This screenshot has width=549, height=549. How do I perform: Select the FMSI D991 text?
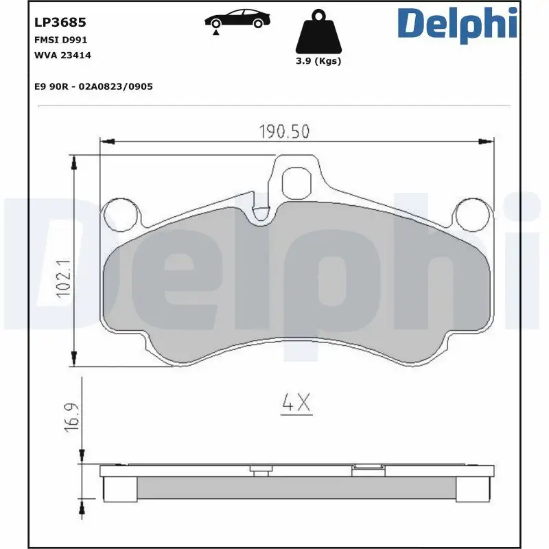click(60, 40)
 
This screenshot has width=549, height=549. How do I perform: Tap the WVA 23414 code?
click(62, 55)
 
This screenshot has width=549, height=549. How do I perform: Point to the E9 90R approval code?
click(93, 87)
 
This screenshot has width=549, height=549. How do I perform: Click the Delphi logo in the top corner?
click(457, 23)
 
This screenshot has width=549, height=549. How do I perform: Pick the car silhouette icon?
click(236, 19)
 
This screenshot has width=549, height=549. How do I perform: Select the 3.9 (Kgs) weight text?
click(317, 61)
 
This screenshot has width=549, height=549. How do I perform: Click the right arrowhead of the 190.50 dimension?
click(489, 141)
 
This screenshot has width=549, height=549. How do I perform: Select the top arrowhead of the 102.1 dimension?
click(74, 159)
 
